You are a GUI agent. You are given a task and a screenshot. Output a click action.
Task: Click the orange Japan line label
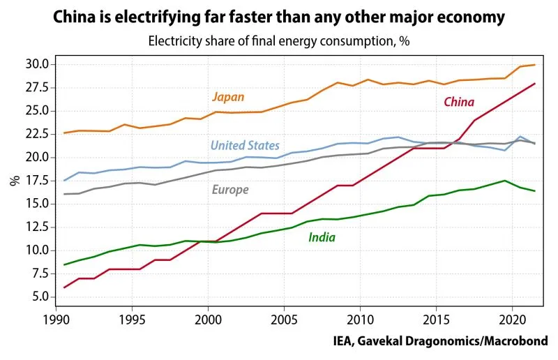coord(228,97)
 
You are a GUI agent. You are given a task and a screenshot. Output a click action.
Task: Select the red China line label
coord(459,102)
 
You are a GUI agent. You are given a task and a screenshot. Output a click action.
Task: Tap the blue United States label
coord(245,145)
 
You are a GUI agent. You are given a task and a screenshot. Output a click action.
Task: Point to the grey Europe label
coord(229,190)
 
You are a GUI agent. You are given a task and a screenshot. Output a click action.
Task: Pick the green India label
coord(322,237)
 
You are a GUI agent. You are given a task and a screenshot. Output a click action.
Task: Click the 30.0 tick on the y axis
coord(34,64)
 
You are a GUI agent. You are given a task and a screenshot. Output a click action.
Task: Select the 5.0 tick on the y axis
coord(37,297)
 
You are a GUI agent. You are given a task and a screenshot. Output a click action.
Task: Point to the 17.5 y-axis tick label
coord(34,180)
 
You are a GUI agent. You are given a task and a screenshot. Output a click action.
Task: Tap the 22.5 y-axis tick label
coord(34,134)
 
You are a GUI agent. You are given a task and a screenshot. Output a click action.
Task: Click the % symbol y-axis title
coord(14,180)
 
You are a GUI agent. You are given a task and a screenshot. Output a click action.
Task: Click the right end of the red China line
coord(534,84)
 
